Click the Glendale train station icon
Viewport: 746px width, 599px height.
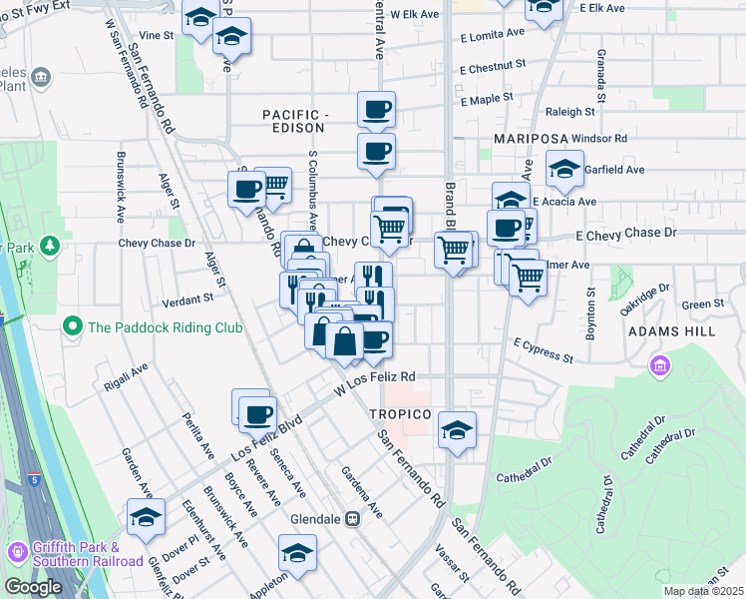tap(353, 519)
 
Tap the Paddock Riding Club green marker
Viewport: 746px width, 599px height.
tap(72, 326)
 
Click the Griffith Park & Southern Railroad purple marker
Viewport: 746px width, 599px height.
tap(17, 553)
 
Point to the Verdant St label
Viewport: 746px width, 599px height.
tap(194, 298)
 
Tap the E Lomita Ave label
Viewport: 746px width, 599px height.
tap(492, 35)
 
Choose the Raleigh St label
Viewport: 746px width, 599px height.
tap(570, 113)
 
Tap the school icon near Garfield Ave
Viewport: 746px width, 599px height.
tap(564, 169)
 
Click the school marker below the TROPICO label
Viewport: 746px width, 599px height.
tap(458, 430)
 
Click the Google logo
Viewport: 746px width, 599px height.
tap(33, 587)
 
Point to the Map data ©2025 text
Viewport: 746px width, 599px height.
tap(703, 591)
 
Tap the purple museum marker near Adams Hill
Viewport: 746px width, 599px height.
tap(658, 367)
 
